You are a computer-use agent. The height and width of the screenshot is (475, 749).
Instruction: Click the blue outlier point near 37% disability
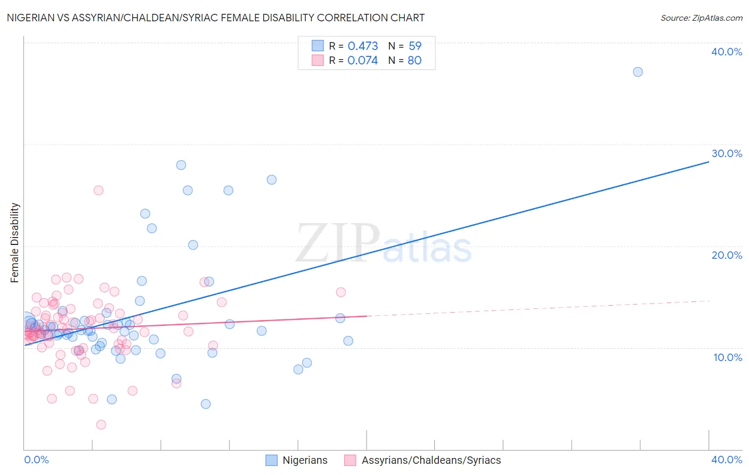tap(638, 72)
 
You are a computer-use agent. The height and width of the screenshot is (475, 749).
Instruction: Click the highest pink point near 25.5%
tap(99, 190)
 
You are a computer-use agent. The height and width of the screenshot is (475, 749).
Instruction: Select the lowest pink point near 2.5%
tap(101, 424)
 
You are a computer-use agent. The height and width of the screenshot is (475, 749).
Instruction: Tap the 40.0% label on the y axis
tap(727, 52)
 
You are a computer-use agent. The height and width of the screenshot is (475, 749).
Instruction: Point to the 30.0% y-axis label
tap(727, 153)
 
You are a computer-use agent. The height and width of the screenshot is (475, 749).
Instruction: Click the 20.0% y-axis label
tap(727, 255)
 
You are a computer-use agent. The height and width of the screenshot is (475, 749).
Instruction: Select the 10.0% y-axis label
tap(728, 357)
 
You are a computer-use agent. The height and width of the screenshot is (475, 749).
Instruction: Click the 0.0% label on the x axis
tap(36, 460)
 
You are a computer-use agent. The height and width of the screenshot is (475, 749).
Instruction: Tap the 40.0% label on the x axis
tap(727, 460)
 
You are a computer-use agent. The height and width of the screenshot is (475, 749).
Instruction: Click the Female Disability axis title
tap(15, 243)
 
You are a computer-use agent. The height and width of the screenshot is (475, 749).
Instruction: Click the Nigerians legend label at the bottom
tap(305, 460)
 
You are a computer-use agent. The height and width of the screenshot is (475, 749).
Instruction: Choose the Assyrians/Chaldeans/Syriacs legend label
tap(431, 460)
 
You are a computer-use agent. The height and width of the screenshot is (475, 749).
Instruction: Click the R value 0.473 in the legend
tap(363, 46)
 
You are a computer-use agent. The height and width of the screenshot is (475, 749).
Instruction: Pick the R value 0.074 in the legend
tap(363, 61)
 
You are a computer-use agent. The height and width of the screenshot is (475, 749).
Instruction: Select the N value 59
tap(415, 46)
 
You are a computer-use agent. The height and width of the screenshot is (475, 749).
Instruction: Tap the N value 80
tap(414, 61)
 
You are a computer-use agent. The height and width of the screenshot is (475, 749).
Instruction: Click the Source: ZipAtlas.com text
tap(701, 18)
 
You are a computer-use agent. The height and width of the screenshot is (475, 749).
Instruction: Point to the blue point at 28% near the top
tap(181, 165)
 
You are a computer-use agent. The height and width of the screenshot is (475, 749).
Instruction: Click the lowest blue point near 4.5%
tap(206, 404)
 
